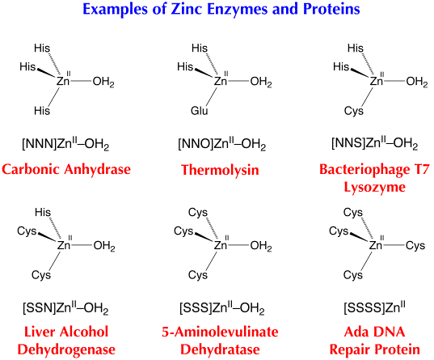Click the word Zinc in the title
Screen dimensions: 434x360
point(187,9)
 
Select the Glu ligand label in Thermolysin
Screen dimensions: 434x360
point(200,111)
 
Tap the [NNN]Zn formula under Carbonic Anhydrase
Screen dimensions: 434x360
point(65,144)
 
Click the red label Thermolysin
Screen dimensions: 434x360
point(220,170)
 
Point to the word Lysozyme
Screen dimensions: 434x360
point(375,188)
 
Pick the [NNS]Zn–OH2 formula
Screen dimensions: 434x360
point(375,143)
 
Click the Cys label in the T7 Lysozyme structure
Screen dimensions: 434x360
point(354,111)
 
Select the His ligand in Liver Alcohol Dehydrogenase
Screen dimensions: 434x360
point(43,212)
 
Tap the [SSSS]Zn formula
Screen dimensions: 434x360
point(375,307)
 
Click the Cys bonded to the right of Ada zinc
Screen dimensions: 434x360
point(415,246)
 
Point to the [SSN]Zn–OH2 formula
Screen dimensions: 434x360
point(65,308)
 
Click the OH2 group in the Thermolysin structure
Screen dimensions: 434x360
point(261,82)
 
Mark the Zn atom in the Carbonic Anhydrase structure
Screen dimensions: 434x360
point(63,81)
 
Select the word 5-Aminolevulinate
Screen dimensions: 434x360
point(220,332)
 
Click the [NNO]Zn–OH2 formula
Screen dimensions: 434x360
point(222,144)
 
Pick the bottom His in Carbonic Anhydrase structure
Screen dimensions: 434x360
point(42,111)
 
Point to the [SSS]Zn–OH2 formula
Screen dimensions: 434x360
point(222,308)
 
